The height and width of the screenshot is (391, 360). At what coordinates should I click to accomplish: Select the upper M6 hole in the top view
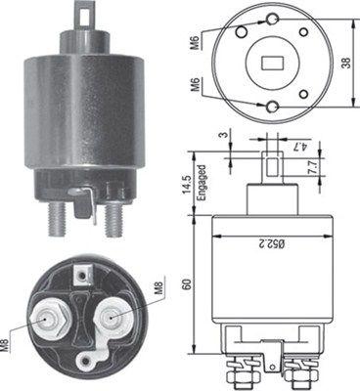point(267,21)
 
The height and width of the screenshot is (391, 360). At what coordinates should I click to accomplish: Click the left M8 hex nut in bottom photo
point(48,318)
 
